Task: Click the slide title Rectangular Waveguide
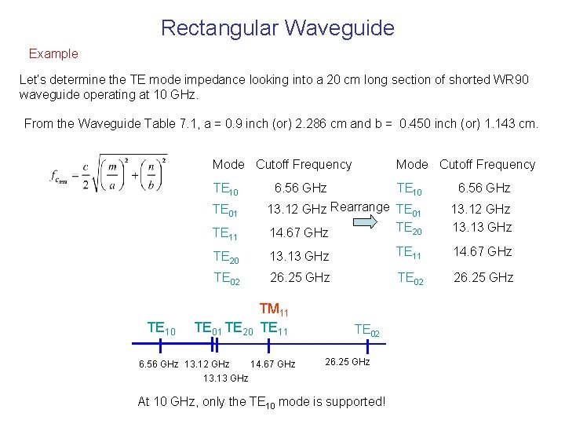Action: click(x=277, y=28)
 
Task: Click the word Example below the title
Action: click(x=53, y=54)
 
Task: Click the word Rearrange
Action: click(x=360, y=207)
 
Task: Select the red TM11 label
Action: click(x=274, y=313)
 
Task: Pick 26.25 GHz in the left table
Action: click(x=300, y=277)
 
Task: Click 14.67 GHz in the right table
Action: click(x=483, y=251)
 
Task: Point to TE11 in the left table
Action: click(x=226, y=232)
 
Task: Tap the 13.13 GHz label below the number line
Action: click(x=225, y=378)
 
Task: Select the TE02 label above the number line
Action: click(x=367, y=330)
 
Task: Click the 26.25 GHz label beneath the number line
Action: click(x=346, y=362)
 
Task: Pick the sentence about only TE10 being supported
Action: click(x=261, y=401)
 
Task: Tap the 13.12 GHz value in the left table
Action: click(x=297, y=209)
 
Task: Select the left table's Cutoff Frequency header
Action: click(x=304, y=164)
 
